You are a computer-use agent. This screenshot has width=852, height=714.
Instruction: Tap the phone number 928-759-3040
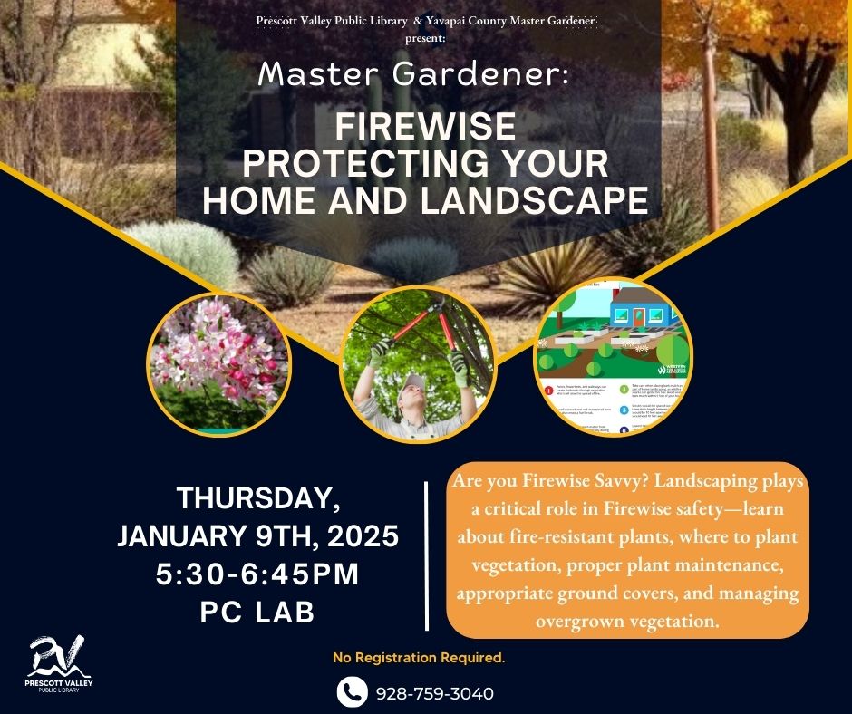pyautogui.click(x=435, y=693)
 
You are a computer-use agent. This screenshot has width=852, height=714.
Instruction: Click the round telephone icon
pyautogui.click(x=352, y=692)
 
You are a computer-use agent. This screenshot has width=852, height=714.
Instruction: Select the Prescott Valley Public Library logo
pyautogui.click(x=60, y=665)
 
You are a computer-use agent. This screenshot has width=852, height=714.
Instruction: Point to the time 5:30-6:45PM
pyautogui.click(x=258, y=574)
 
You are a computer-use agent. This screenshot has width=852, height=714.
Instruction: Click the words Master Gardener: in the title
pyautogui.click(x=413, y=75)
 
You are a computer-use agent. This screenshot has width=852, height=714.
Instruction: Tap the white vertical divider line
pyautogui.click(x=426, y=555)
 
